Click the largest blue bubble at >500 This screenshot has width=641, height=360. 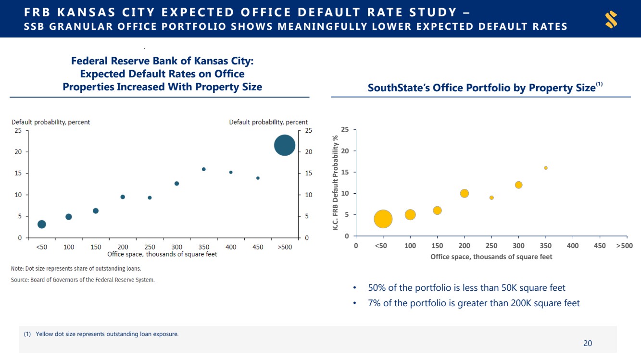(x=284, y=145)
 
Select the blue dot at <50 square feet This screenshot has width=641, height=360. (x=42, y=224)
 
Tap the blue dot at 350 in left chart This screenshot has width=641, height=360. (x=203, y=169)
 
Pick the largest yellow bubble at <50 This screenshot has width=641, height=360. (x=383, y=219)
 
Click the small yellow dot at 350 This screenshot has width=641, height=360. (x=545, y=168)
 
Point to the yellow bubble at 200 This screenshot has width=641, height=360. (x=464, y=193)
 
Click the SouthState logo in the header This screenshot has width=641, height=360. (x=611, y=19)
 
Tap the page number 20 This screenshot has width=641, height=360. (x=588, y=343)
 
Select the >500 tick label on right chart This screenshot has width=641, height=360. (x=624, y=246)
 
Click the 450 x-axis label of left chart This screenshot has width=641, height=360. (x=258, y=247)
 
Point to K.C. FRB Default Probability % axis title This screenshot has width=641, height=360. (x=336, y=182)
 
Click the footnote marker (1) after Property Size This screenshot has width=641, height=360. (x=599, y=85)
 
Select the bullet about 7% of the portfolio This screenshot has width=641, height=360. (x=474, y=303)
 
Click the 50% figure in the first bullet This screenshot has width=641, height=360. (x=377, y=288)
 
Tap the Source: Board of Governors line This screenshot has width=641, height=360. (x=83, y=280)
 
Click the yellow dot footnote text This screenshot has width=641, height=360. (x=107, y=334)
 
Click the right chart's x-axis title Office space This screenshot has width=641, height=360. (x=491, y=257)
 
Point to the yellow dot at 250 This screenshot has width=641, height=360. (x=491, y=198)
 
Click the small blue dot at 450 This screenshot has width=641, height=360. (x=258, y=178)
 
